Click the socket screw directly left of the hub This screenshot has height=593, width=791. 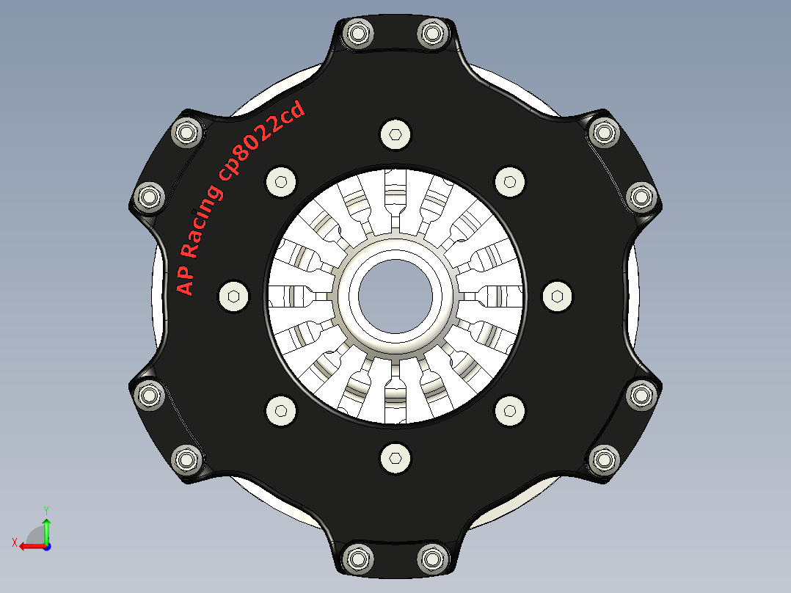[233, 295]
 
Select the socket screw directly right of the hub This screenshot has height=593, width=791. [557, 295]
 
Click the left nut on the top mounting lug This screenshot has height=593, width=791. [359, 34]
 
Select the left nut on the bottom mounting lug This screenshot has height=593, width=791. [359, 557]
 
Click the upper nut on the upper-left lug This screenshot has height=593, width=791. [185, 133]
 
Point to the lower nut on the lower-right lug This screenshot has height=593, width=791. [604, 459]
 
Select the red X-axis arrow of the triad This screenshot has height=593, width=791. [29, 546]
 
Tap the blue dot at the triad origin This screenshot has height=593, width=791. [46, 546]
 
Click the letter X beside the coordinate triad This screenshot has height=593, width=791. [15, 542]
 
